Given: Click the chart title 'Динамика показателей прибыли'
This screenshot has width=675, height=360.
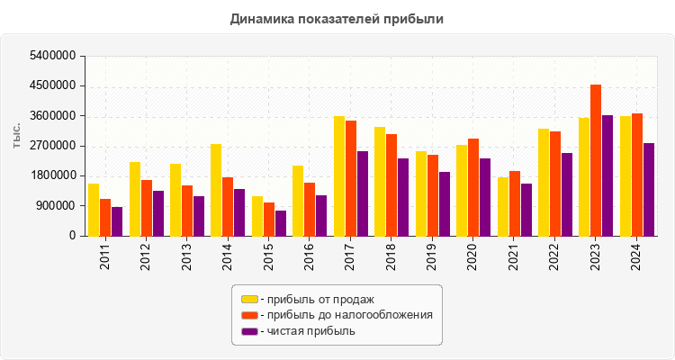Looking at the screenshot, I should tap(337, 19).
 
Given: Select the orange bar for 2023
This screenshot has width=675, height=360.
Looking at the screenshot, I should tap(596, 160).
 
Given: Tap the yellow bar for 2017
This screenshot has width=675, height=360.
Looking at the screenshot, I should tap(339, 176).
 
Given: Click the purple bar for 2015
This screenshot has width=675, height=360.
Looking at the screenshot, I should tap(281, 223).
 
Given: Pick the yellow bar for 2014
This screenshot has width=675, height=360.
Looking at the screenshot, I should tap(216, 190).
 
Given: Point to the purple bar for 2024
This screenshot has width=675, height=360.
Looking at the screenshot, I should tap(649, 190).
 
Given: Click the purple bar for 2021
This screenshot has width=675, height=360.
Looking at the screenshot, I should tap(526, 210).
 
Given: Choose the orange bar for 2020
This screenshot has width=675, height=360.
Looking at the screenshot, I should tap(473, 187).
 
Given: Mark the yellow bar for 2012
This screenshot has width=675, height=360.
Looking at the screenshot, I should tap(135, 199).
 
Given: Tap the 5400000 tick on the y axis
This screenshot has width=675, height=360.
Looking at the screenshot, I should tap(51, 57).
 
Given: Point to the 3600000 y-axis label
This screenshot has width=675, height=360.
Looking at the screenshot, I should tap(51, 116).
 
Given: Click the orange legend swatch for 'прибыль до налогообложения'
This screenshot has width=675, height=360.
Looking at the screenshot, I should tap(249, 315).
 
